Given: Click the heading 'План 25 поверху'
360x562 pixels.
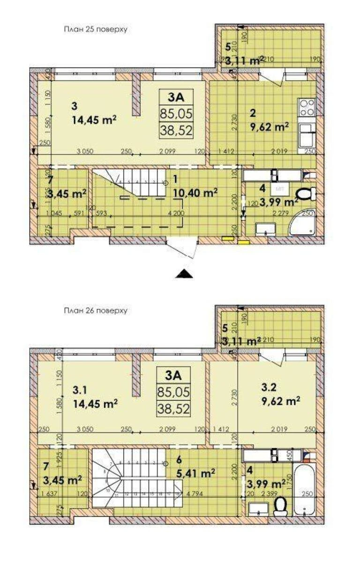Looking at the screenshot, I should click(x=96, y=29).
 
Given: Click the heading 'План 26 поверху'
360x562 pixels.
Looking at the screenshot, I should click(x=96, y=310).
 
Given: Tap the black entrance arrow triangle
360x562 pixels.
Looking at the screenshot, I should click(x=184, y=274).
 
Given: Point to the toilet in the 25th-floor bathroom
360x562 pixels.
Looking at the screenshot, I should click(x=307, y=193).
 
